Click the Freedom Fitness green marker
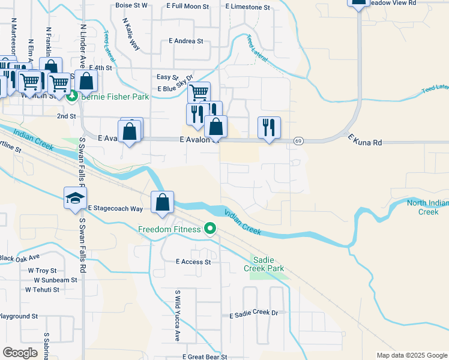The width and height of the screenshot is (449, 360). click(210, 229)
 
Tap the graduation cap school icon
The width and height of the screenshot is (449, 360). click(76, 199)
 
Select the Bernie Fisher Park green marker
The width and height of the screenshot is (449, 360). click(72, 95)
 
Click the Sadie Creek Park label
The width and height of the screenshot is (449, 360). click(267, 264)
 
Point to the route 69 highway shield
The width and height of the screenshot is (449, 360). click(298, 140)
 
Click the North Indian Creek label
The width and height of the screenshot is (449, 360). click(427, 207)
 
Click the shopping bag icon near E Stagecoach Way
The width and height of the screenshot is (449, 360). click(162, 202)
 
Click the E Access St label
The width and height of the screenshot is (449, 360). click(193, 262)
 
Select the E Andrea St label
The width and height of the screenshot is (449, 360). click(186, 41)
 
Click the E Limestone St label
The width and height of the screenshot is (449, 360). click(248, 7)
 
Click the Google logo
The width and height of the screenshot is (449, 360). click(20, 353)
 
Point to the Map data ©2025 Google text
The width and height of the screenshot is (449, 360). click(411, 355)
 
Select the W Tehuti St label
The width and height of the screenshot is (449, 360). click(42, 289)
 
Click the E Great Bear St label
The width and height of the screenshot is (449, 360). click(206, 356)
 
